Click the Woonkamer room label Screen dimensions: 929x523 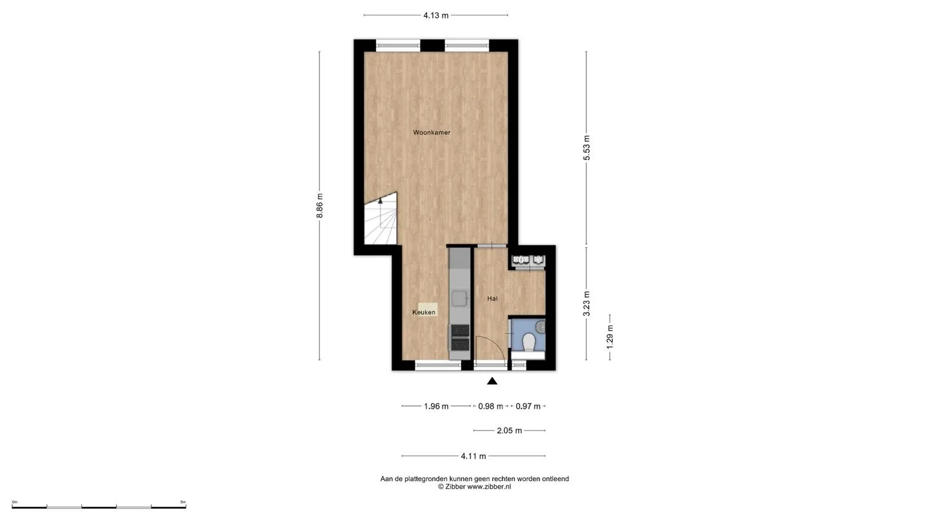tap(432, 133)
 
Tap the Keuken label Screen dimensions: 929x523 tap(424, 313)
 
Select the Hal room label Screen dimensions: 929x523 tap(492, 298)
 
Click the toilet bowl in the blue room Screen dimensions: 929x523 tap(529, 343)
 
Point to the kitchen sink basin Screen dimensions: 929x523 tap(459, 298)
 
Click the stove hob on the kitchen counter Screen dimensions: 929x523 tap(460, 338)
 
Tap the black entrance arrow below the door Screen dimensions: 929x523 tap(492, 381)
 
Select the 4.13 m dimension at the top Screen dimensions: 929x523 tap(436, 15)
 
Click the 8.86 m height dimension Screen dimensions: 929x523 tap(319, 205)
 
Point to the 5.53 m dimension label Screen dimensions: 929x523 tap(586, 148)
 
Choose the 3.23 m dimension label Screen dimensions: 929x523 tap(586, 303)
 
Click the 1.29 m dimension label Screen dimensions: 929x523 tap(610, 336)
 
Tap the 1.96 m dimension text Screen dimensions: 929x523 tap(436, 406)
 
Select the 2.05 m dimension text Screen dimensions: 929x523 tap(509, 431)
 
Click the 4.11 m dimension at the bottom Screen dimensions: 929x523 tap(474, 456)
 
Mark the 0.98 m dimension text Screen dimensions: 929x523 tap(490, 406)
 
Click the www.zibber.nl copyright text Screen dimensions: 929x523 tap(489, 487)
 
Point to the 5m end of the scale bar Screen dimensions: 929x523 tap(186, 506)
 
